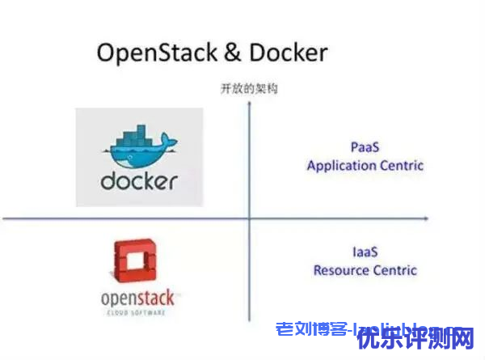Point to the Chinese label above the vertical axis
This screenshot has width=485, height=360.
[249, 89]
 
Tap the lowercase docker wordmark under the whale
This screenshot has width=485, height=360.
[139, 180]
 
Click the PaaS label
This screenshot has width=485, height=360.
[365, 146]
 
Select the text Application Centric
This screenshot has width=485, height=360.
[365, 165]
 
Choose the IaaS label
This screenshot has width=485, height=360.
[365, 252]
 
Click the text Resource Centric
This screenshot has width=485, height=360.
[365, 269]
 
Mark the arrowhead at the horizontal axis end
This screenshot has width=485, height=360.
[426, 218]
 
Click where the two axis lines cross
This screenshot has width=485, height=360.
[250, 218]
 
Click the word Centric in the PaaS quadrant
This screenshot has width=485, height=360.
[402, 165]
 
